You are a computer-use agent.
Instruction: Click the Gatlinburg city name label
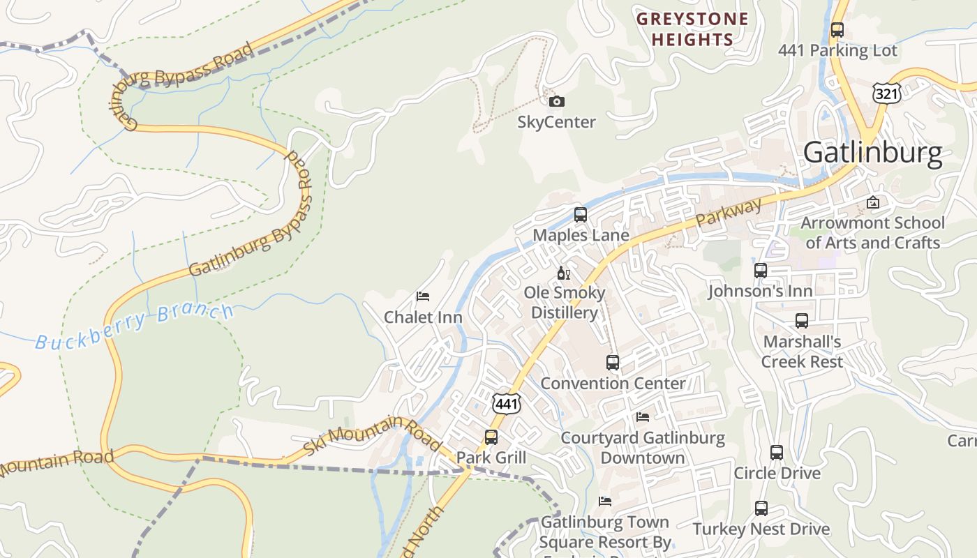coord(872,152)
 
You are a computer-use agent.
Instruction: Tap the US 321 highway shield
coord(886,93)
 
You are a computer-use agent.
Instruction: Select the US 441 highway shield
coord(506,403)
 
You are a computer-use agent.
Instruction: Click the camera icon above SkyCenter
coord(556,102)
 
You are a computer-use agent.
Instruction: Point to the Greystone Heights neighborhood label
coord(692,29)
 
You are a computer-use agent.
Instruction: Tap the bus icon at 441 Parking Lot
coord(837,30)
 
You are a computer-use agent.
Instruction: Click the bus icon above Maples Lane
coord(580,215)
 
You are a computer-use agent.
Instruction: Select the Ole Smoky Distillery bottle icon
coord(563,273)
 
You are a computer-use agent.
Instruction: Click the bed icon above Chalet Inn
coord(423,296)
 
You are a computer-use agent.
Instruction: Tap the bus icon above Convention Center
coord(613,363)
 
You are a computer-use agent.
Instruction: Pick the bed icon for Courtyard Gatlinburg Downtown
coord(643,417)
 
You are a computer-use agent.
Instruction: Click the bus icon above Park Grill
coord(491,437)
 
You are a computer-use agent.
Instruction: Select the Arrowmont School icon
coord(872,202)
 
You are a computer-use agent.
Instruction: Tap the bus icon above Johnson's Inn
coord(761,271)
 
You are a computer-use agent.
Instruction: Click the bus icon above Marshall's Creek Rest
coord(802,321)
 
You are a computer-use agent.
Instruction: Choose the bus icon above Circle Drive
coord(777,452)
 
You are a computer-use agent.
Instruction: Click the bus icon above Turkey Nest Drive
coord(761,508)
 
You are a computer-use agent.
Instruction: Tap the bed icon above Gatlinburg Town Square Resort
coord(605,502)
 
